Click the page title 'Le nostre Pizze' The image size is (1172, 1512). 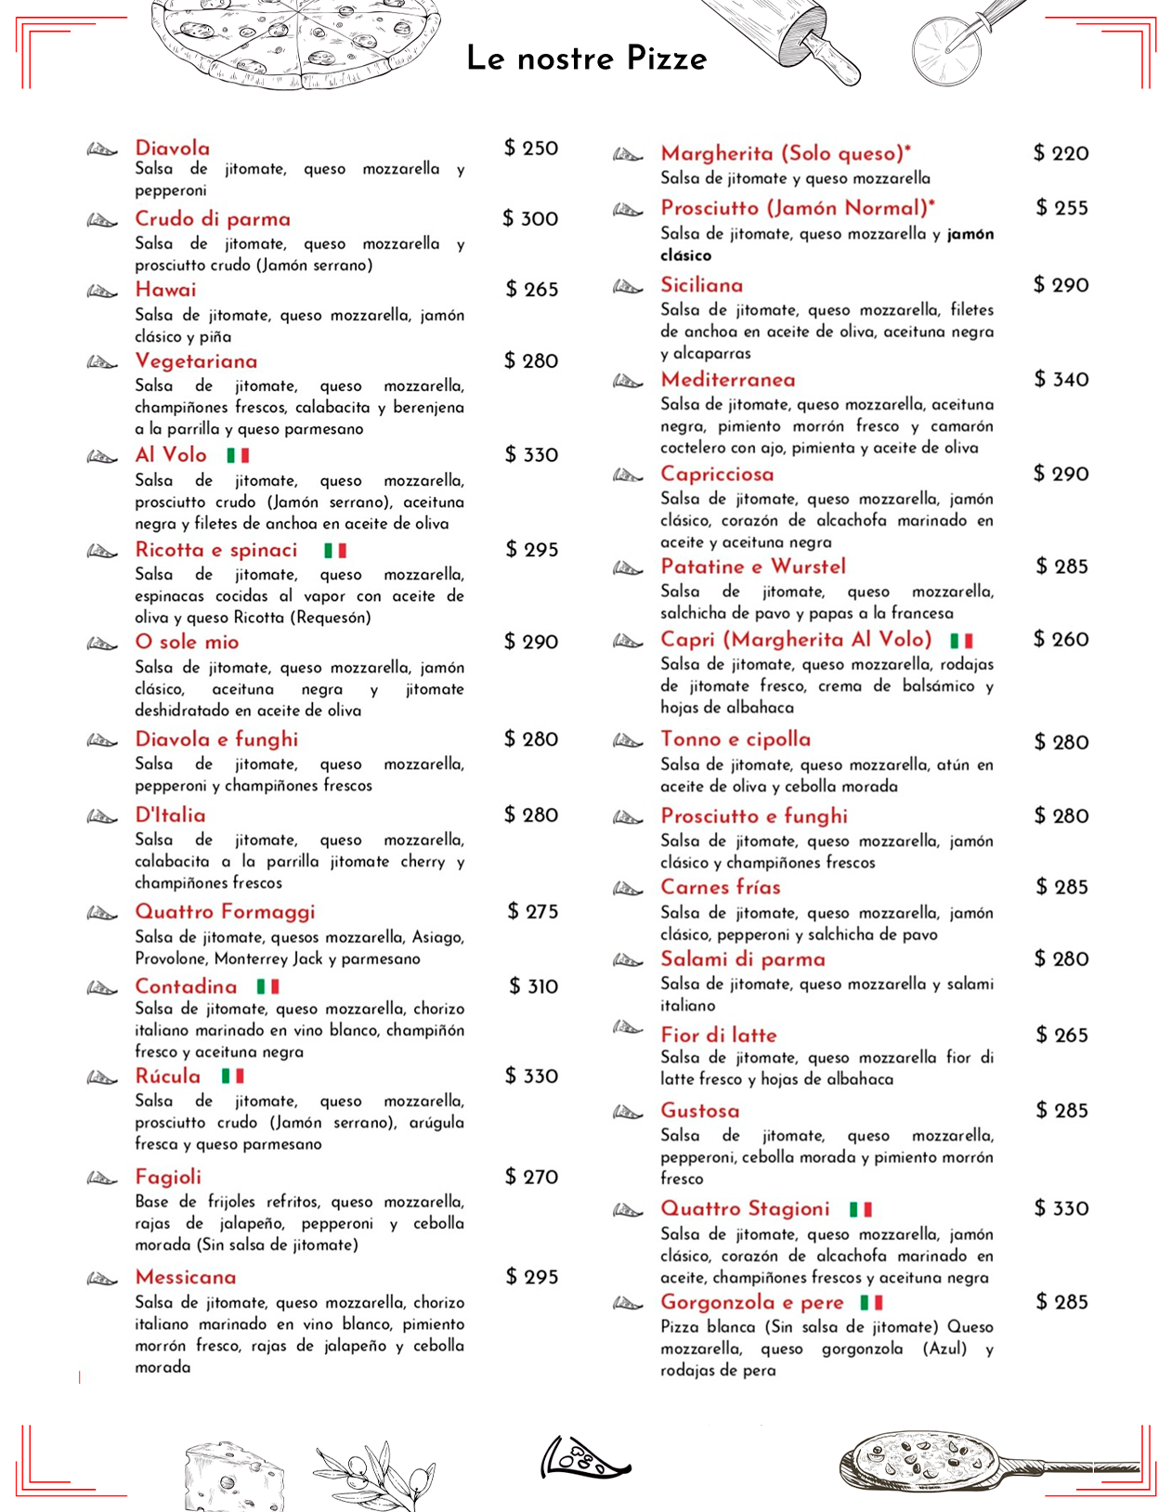(586, 58)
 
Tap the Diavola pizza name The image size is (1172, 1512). (172, 148)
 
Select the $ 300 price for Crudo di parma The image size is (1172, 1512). (530, 218)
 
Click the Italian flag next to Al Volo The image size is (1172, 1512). (238, 455)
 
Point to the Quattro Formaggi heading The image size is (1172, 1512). (225, 911)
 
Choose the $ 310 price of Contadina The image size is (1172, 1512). (533, 986)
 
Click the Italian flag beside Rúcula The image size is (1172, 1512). (232, 1075)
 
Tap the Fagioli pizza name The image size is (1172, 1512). (167, 1177)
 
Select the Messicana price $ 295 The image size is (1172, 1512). (531, 1277)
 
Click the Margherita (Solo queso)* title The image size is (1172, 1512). (786, 152)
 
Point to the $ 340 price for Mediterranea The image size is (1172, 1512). (1061, 379)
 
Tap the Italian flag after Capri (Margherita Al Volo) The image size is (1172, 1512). (961, 641)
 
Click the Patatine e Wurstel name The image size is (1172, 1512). (753, 567)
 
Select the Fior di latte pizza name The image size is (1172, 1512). (718, 1035)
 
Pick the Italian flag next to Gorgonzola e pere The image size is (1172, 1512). (871, 1302)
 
